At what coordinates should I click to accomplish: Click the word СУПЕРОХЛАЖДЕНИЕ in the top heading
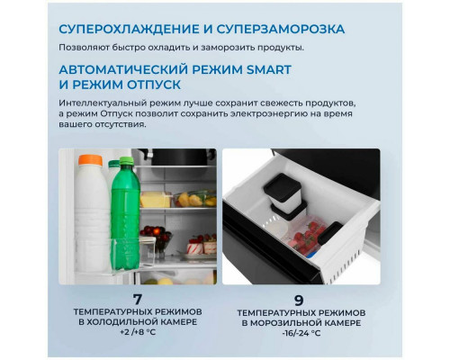point(129,29)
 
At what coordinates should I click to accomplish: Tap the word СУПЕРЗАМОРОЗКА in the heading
point(281,29)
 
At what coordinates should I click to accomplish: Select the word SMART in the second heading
point(269,69)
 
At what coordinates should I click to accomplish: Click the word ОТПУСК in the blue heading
point(154,85)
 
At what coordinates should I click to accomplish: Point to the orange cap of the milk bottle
point(90,160)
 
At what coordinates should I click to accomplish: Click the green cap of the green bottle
point(126,161)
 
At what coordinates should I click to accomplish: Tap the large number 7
point(138,300)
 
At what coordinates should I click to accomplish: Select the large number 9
point(299,301)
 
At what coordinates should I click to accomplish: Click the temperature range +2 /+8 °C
point(138,332)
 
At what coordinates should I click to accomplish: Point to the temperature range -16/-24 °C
point(301,333)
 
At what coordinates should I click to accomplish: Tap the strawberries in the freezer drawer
point(307,235)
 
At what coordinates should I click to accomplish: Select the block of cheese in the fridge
point(155,200)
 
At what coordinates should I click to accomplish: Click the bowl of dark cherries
point(156,236)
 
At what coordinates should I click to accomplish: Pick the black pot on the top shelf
point(179,157)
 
